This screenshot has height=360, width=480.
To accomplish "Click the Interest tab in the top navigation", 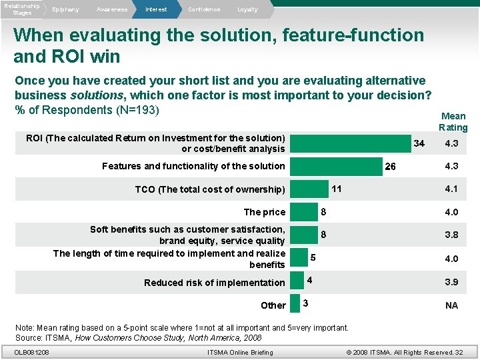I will [156, 9].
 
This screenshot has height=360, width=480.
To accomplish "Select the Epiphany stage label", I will [65, 9].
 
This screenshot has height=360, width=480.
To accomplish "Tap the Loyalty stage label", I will [247, 9].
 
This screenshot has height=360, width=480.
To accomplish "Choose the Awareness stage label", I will [111, 9].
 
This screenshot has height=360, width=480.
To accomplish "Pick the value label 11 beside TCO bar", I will [337, 189].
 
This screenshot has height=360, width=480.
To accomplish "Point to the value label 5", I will [313, 258].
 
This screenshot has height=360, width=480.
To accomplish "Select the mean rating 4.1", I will [451, 189].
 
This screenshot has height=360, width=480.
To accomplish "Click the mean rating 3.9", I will [451, 282].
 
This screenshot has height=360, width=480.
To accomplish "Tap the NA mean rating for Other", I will [451, 305].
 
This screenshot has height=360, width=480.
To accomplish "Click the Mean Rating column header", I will [453, 122].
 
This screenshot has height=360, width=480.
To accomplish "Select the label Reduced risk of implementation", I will [215, 283].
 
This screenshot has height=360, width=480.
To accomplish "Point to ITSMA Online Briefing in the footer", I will [240, 352].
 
